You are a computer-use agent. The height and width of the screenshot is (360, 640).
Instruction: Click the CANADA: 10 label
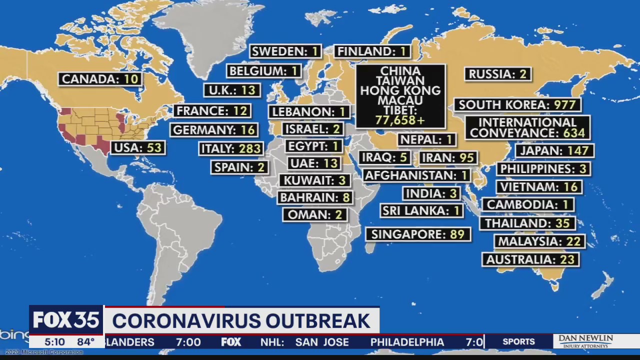click(100, 79)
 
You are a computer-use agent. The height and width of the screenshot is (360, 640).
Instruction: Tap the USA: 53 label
click(138, 148)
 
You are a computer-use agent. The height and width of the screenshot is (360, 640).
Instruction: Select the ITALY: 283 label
click(231, 148)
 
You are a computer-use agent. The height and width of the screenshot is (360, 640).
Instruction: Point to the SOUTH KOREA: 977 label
click(517, 105)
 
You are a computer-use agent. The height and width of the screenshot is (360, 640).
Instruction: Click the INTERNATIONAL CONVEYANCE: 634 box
click(527, 127)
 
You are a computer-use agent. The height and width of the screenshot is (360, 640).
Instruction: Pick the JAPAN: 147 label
click(554, 150)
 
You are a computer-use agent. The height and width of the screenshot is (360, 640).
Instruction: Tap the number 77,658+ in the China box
click(400, 120)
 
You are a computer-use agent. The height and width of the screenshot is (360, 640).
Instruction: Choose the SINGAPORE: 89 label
click(418, 234)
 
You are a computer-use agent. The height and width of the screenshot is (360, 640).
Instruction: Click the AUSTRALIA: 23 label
click(530, 260)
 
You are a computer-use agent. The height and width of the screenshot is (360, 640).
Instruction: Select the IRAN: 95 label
click(447, 158)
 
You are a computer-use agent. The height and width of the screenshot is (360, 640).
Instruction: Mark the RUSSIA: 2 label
click(497, 74)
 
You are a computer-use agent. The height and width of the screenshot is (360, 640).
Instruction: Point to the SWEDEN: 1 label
click(285, 51)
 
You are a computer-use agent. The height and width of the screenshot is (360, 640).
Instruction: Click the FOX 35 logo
click(66, 320)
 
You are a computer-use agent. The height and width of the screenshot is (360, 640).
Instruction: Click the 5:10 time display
click(54, 342)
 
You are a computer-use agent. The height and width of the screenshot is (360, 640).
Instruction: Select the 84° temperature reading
click(85, 342)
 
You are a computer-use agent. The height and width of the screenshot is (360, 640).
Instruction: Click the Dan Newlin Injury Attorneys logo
click(585, 341)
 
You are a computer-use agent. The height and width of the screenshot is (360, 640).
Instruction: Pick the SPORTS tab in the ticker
click(518, 342)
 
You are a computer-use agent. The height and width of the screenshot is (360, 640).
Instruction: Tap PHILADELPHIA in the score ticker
click(407, 342)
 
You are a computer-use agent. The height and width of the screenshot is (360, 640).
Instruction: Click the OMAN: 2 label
click(314, 215)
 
